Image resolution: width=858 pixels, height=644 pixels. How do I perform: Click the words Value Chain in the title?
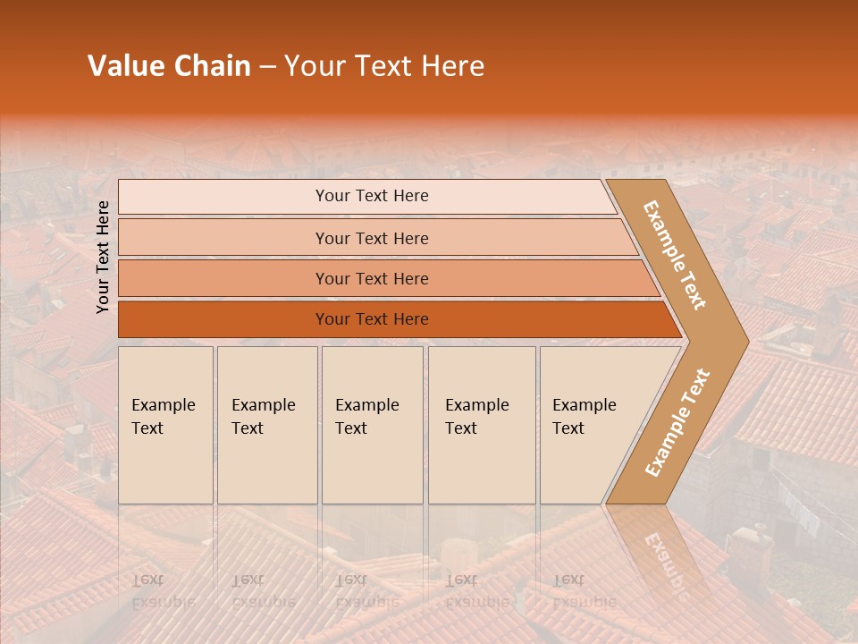(x=169, y=66)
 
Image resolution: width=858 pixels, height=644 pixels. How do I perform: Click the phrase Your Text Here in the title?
(x=384, y=66)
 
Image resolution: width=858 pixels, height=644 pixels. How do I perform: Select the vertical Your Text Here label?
(x=104, y=257)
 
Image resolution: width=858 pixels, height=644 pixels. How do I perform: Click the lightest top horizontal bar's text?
(x=372, y=196)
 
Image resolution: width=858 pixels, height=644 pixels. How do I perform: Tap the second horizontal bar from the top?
(x=372, y=238)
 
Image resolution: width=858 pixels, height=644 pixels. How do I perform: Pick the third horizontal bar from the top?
(x=372, y=278)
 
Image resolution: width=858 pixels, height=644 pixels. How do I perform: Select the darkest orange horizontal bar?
(x=372, y=319)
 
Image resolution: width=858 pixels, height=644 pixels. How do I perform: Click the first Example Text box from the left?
(x=165, y=425)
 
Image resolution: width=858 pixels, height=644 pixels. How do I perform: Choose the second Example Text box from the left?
(x=266, y=425)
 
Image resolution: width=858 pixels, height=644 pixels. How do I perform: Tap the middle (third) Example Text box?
(x=371, y=425)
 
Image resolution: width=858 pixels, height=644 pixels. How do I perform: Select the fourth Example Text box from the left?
(x=481, y=425)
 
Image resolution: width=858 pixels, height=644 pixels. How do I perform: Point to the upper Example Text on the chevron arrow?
(x=675, y=256)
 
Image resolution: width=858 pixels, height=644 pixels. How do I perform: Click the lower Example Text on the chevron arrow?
(x=677, y=423)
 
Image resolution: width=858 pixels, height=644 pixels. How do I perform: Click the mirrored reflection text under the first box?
(x=163, y=591)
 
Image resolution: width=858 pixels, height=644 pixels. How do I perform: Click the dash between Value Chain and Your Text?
(x=267, y=66)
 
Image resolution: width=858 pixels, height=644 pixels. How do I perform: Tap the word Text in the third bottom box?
(x=351, y=428)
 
